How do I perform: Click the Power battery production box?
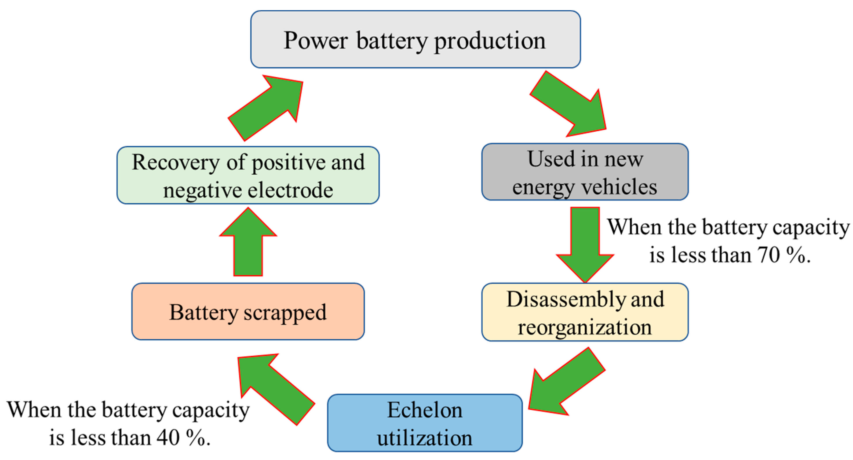415,39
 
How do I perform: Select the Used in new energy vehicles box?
585,172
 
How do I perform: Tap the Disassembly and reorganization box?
585,312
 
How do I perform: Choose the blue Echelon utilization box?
424,423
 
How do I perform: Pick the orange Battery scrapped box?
248,312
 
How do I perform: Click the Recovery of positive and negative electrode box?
248,175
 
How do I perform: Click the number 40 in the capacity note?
168,438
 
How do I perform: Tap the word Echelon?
424,410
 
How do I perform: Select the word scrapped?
285,313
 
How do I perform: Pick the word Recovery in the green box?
176,163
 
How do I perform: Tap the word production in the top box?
490,41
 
